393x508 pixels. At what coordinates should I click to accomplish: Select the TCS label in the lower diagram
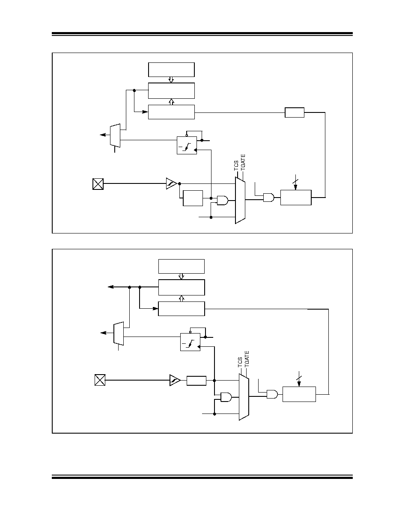pos(240,363)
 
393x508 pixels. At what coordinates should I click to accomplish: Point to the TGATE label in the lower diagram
pos(247,359)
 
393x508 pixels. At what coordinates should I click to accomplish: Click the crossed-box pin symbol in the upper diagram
pos(98,184)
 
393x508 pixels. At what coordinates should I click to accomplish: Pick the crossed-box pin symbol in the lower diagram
pos(100,380)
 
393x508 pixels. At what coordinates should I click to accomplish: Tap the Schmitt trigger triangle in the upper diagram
pos(171,183)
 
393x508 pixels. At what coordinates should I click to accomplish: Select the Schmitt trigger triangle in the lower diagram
pos(174,380)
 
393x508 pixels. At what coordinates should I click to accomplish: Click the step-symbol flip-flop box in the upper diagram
pos(187,145)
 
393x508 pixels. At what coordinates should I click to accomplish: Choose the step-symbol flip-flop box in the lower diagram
pos(191,342)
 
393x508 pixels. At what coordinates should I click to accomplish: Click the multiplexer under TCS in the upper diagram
pos(240,200)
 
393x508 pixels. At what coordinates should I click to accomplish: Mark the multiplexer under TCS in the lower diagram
pos(244,397)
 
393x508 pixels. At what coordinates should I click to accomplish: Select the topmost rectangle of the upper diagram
pos(171,70)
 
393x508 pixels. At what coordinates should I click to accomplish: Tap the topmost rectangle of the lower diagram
pos(181,266)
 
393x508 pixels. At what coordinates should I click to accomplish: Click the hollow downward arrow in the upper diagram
pos(171,80)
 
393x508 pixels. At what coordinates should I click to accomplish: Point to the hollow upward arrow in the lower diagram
pos(182,298)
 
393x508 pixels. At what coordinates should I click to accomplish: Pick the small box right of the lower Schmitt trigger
pos(196,381)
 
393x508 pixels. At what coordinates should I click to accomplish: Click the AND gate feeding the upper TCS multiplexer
pos(223,200)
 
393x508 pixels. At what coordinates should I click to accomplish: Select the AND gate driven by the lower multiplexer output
pos(272,394)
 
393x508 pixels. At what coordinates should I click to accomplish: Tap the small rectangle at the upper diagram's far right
pos(295,112)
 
